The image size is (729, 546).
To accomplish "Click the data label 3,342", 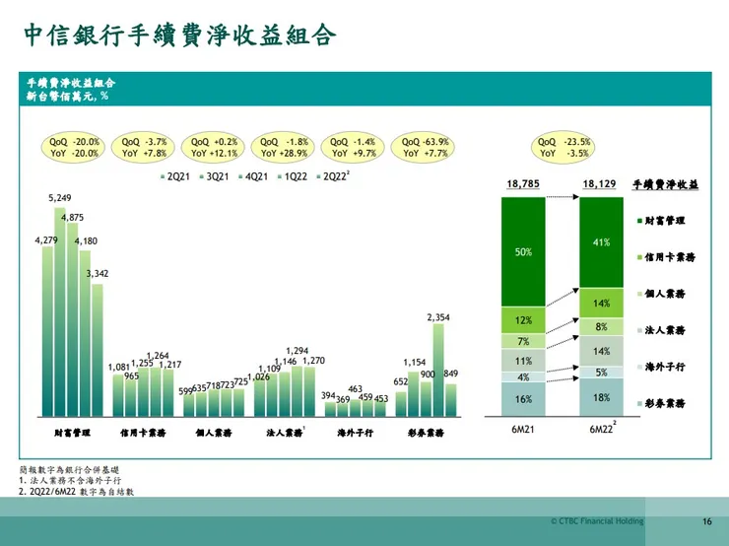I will tap(95, 275).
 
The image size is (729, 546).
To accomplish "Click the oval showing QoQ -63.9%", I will tap(425, 148).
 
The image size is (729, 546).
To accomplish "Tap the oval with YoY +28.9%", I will tap(285, 148).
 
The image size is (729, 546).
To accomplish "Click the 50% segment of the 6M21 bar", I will tap(523, 252).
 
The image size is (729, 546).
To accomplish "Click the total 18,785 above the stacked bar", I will tap(523, 184).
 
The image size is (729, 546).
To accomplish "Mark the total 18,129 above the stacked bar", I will tap(600, 184).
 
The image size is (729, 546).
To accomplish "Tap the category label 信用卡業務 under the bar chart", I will tap(141, 433).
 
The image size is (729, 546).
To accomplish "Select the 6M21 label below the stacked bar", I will tap(523, 430).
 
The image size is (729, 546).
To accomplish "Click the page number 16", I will tap(706, 521).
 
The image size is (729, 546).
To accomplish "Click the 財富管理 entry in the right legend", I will tap(665, 220).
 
